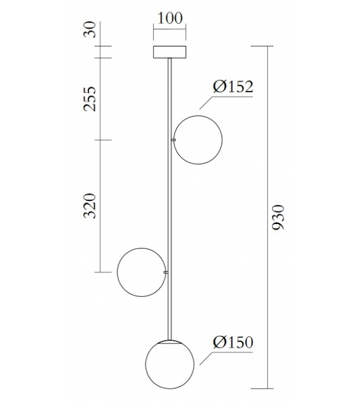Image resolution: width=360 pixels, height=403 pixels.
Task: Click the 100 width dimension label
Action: (x=170, y=18)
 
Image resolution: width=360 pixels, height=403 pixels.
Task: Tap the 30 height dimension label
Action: (x=91, y=30)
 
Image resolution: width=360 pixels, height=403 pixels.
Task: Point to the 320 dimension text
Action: (x=91, y=205)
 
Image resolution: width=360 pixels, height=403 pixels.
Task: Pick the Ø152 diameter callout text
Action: (x=232, y=87)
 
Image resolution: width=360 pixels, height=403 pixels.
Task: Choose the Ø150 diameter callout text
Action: (x=232, y=343)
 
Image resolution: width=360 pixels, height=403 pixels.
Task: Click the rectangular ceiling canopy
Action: (x=170, y=52)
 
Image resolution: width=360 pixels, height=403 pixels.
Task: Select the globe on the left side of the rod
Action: (x=141, y=272)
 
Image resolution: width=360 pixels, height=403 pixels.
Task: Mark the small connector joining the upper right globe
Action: (x=173, y=139)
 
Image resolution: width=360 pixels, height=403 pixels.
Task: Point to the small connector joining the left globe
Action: (x=166, y=272)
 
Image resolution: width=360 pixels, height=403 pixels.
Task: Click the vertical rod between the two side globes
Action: (x=169, y=207)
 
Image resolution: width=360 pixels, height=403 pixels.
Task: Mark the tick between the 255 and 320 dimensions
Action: (x=102, y=139)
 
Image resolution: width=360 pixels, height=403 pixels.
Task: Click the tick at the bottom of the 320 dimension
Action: (x=102, y=272)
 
